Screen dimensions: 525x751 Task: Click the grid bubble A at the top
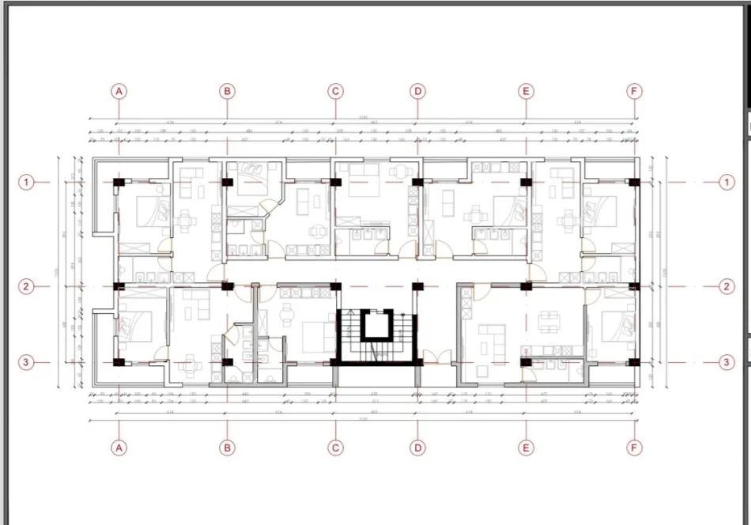pos(119,91)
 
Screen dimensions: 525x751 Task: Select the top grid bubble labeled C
pos(336,91)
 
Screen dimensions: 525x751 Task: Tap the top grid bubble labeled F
pos(634,91)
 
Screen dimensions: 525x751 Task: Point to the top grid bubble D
pos(418,91)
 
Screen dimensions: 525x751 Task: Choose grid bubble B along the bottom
pos(227,448)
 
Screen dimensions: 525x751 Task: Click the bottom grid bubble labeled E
pos(526,448)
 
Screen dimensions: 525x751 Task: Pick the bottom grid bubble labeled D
pos(418,448)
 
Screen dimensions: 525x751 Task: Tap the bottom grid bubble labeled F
pos(634,448)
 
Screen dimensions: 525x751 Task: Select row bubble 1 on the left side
pos(27,183)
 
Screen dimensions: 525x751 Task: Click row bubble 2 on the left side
pos(27,287)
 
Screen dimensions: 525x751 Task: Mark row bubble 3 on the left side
pos(27,362)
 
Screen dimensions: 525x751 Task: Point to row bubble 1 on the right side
pos(726,183)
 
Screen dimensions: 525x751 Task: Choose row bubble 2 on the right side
pos(726,287)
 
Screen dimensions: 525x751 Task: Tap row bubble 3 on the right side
pos(726,362)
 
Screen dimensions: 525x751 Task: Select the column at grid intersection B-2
pos(228,286)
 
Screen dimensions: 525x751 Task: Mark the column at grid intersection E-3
pos(526,362)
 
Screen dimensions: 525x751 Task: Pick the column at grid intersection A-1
pos(119,183)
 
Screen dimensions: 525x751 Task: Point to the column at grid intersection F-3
pos(633,362)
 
